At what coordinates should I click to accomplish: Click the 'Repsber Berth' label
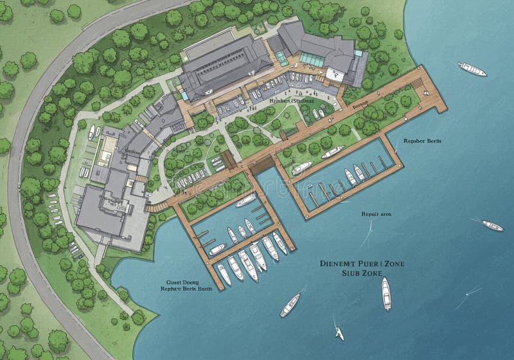click(x=421, y=140)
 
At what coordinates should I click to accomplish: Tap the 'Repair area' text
click(x=377, y=214)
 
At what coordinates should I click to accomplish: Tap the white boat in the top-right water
click(x=472, y=69)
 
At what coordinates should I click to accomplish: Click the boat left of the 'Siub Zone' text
click(x=290, y=305)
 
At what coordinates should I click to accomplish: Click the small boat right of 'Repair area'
click(x=493, y=226)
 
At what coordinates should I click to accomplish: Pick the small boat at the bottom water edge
click(x=339, y=334)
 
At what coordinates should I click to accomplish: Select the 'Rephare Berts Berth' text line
click(x=187, y=289)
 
